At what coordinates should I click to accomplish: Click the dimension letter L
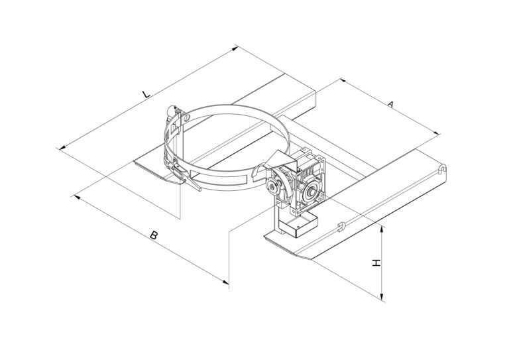coord(146,94)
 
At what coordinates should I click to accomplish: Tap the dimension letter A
coord(391,104)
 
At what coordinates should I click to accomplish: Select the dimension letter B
coord(154,235)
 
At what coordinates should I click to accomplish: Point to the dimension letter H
coord(376,263)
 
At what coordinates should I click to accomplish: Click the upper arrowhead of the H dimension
coord(382,229)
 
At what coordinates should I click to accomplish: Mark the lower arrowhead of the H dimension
coord(382,296)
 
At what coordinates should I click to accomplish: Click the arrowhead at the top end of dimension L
coord(235,48)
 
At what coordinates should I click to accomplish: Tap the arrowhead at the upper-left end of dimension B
coord(77,197)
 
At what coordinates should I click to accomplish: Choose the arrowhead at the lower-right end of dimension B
coord(225,282)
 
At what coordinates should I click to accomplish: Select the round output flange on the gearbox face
coord(312,191)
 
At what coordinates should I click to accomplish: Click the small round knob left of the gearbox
coord(270,186)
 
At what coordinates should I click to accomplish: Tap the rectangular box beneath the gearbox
coord(298,225)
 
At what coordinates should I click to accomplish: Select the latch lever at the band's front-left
coord(185,177)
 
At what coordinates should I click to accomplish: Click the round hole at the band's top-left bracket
coord(186,118)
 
